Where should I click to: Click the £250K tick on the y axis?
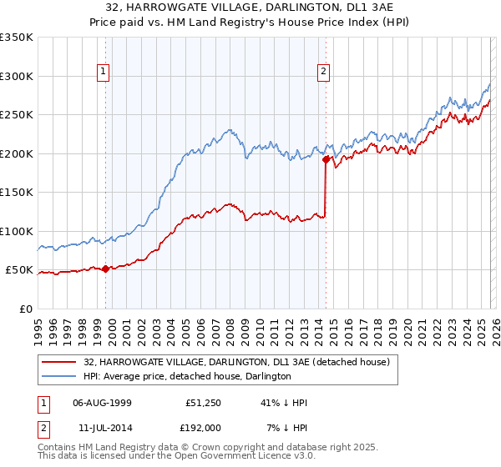[17, 115]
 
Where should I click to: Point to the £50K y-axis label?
[20, 270]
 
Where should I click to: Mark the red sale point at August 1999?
[105, 269]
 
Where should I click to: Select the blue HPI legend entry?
[187, 377]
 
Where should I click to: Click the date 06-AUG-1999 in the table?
[102, 403]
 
